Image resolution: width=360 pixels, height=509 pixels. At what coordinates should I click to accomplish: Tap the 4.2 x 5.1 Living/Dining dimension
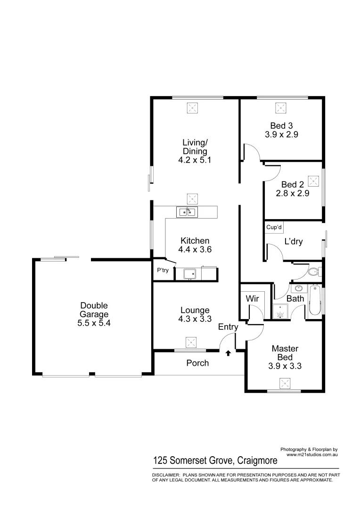(195, 160)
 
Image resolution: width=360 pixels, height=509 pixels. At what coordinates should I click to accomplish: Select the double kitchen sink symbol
(187, 212)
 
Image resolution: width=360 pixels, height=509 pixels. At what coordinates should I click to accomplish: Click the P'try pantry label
(163, 271)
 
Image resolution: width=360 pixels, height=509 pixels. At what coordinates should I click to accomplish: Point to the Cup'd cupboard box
(274, 227)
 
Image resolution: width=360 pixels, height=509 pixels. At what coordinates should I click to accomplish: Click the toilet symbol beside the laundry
(313, 272)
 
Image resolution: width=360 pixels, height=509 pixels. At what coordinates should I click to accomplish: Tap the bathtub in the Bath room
(315, 300)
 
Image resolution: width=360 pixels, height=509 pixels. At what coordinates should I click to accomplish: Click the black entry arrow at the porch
(229, 353)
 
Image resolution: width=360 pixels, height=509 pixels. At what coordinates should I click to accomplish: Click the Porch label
(197, 363)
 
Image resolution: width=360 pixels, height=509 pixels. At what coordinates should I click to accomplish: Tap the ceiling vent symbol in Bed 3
(282, 108)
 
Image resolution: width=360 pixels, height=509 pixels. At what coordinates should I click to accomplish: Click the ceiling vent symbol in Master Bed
(284, 382)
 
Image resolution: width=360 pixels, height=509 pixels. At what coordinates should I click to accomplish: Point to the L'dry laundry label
(293, 241)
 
